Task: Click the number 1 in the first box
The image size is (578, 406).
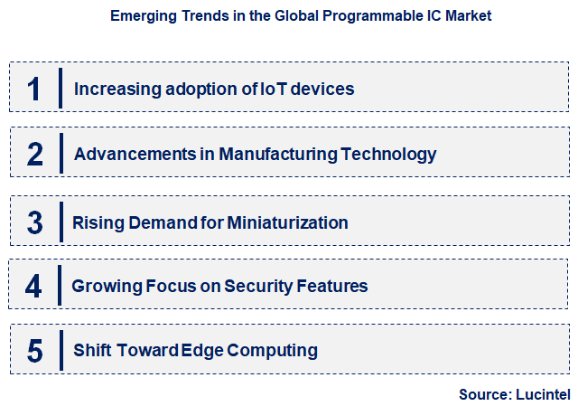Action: pos(34,89)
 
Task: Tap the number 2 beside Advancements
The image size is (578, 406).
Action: pos(35,155)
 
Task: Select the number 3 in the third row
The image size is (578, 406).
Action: pos(35,222)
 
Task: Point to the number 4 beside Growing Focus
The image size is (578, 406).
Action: pos(34,287)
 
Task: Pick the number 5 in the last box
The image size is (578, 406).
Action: pos(35,351)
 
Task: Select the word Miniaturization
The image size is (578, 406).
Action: pos(288,222)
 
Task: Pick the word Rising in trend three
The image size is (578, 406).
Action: pos(96,222)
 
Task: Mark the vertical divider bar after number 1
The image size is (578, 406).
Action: pos(60,89)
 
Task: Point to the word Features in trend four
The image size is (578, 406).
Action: pos(333,287)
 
